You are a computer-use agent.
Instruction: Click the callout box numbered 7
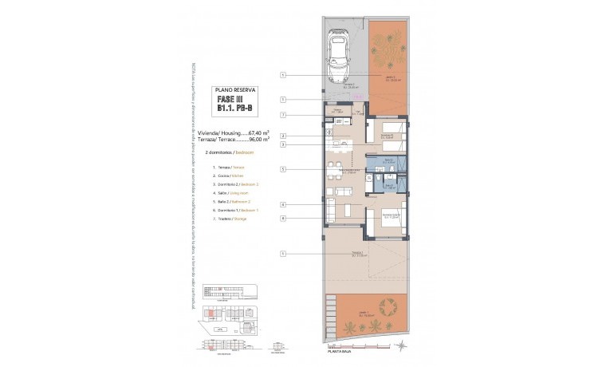tap(283, 115)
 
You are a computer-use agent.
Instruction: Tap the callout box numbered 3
tap(283, 144)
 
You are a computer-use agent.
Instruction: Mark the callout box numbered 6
tap(283, 218)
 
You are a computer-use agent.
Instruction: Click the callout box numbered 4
tap(283, 204)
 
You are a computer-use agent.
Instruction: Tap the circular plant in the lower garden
tap(390, 306)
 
